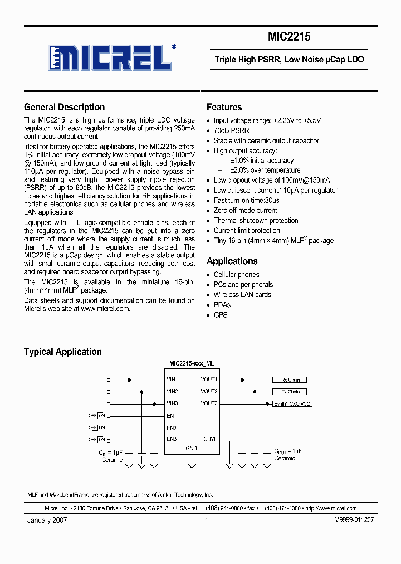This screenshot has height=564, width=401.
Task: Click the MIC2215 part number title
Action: click(x=289, y=37)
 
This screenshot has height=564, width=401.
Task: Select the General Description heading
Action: click(x=64, y=107)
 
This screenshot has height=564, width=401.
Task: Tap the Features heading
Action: click(x=224, y=107)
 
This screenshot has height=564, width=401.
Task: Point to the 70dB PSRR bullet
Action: click(x=231, y=130)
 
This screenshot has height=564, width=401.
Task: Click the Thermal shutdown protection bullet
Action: click(x=256, y=220)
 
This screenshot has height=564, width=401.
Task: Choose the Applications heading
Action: click(x=232, y=261)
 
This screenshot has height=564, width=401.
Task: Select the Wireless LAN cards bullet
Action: click(x=242, y=294)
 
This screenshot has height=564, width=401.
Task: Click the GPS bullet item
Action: click(x=221, y=314)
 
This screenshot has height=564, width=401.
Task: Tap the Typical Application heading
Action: click(x=62, y=352)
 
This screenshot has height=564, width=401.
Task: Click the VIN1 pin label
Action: click(x=172, y=379)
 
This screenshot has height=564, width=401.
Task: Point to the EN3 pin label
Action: click(x=172, y=439)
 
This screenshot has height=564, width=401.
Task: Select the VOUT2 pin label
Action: click(x=209, y=391)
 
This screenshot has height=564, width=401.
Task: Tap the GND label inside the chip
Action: click(x=191, y=448)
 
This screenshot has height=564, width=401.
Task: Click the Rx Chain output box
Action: click(x=290, y=380)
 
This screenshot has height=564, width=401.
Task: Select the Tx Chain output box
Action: click(x=290, y=392)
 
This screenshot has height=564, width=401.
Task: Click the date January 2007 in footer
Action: click(x=47, y=520)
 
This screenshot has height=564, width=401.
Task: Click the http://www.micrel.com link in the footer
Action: click(x=331, y=508)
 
